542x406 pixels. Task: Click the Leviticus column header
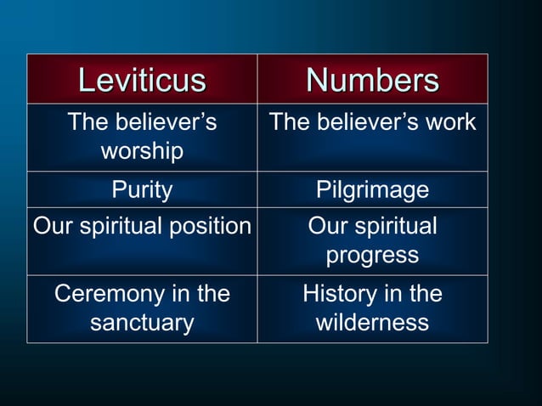(142, 81)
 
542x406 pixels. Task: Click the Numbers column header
(372, 81)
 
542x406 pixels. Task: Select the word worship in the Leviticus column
(142, 152)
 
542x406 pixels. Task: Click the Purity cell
(142, 189)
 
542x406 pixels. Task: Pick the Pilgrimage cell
(372, 189)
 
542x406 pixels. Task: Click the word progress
(372, 255)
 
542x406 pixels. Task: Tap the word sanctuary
(142, 324)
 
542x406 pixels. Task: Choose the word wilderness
(372, 324)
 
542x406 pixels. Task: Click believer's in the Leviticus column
(165, 122)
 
